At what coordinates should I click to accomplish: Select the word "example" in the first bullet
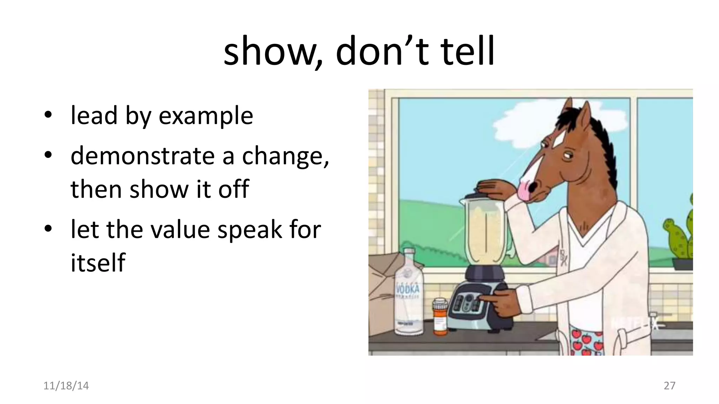(x=206, y=116)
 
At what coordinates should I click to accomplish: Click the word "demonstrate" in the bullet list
(x=143, y=156)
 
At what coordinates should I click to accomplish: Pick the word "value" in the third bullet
(x=180, y=230)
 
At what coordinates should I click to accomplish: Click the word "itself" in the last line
(x=98, y=263)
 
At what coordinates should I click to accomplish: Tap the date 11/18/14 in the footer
(x=66, y=386)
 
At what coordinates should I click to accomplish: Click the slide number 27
(x=669, y=386)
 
